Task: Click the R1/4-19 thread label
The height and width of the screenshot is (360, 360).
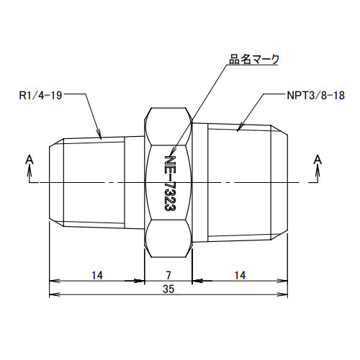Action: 42,94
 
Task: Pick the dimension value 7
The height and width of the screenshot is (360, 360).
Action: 168,274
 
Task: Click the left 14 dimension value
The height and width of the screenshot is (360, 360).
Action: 96,274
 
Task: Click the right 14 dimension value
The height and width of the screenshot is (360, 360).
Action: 240,274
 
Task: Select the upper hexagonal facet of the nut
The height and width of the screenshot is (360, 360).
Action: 168,126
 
